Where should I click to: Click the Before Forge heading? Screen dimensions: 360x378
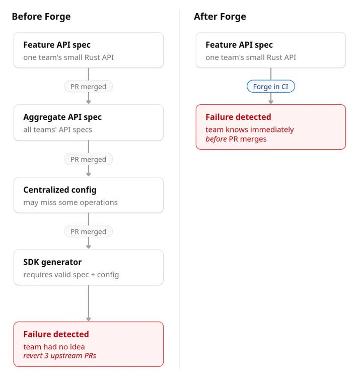click(x=41, y=17)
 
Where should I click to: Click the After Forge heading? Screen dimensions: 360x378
click(x=220, y=17)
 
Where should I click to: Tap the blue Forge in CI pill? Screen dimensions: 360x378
click(x=271, y=86)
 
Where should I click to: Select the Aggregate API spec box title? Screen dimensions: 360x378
click(x=62, y=117)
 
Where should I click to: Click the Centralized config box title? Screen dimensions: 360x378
click(x=60, y=190)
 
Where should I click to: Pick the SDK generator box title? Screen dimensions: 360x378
click(x=52, y=262)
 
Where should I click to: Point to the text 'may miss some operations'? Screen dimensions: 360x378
click(x=70, y=203)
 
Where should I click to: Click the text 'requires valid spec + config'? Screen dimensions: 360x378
click(x=71, y=275)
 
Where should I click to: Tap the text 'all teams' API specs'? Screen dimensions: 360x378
click(x=57, y=130)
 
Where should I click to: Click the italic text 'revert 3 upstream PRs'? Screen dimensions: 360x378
click(x=59, y=356)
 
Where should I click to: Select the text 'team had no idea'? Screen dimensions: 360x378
click(x=54, y=347)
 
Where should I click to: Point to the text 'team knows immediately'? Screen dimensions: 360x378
click(x=249, y=130)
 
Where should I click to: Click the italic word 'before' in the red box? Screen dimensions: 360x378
click(x=216, y=139)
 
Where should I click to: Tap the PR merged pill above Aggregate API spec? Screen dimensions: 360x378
click(x=89, y=87)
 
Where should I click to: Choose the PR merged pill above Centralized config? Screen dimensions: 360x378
click(x=89, y=159)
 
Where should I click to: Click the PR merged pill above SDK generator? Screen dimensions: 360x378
click(x=89, y=232)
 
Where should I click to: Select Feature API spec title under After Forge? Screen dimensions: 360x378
click(x=239, y=45)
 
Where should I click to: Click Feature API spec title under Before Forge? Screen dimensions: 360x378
click(x=57, y=45)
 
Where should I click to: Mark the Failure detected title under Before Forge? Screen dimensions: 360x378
click(x=56, y=334)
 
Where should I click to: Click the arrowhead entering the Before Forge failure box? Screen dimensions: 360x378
click(x=89, y=320)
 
